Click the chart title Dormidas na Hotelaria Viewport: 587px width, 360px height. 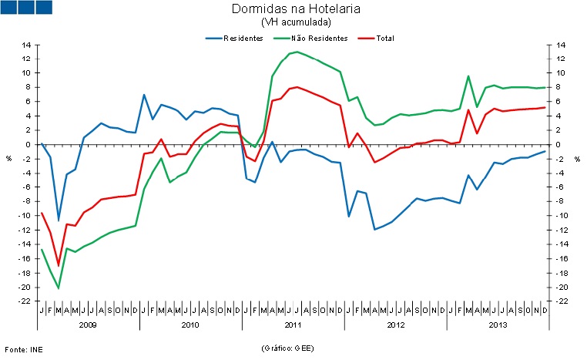[295, 9]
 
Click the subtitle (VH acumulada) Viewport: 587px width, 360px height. [295, 22]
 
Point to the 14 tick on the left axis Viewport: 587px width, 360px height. [25, 45]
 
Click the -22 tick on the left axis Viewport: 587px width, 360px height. [24, 301]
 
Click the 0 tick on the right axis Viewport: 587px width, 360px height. [557, 145]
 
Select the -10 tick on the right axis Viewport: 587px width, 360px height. [560, 216]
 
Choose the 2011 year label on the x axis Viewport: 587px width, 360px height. [294, 325]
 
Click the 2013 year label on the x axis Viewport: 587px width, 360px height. [498, 325]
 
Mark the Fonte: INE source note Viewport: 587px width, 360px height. [22, 348]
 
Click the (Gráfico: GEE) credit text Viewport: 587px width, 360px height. [287, 348]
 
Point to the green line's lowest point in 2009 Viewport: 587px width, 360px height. [59, 288]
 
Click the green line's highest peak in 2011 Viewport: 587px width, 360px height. [297, 52]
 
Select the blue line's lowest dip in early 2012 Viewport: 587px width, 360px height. [374, 229]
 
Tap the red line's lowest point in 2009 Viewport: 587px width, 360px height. [59, 265]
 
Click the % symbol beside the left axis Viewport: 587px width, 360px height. [9, 159]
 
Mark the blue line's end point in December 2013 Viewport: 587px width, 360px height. [545, 151]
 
